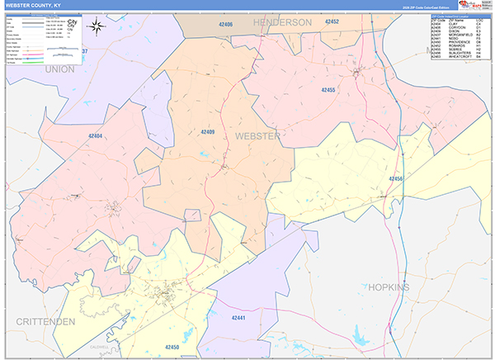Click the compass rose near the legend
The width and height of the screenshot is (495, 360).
(x=97, y=25)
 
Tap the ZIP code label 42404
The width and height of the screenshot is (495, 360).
(x=95, y=136)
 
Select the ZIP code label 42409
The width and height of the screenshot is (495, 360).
(x=207, y=131)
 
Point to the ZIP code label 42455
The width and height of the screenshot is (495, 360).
(x=328, y=89)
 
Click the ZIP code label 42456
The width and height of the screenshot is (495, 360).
(x=396, y=178)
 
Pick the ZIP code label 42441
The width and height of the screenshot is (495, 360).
(x=238, y=317)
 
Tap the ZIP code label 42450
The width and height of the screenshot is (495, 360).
(x=172, y=347)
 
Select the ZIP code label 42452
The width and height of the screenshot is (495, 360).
(x=332, y=21)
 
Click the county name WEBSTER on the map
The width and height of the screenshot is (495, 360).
(x=257, y=135)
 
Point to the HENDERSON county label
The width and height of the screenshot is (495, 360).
(x=282, y=21)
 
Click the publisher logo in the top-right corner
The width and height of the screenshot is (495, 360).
(x=476, y=5)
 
